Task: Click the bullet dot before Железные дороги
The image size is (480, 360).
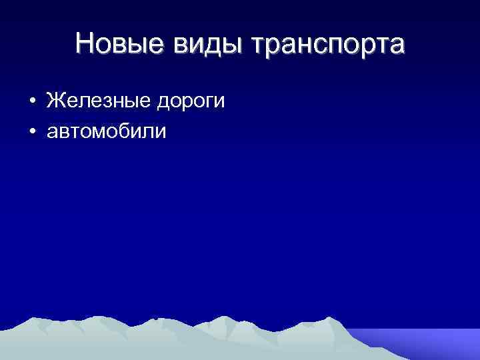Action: click(32, 103)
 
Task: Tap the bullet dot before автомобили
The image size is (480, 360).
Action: click(32, 131)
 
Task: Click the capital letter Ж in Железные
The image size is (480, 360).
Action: click(55, 101)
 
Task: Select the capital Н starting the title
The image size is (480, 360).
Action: click(85, 44)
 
